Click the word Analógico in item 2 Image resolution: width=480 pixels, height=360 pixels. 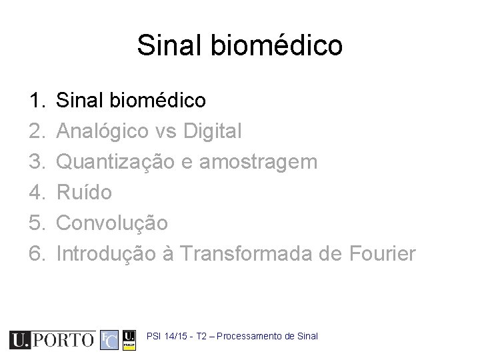103,132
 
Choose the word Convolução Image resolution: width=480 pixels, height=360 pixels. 112,223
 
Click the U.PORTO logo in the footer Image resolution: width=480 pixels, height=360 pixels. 52,340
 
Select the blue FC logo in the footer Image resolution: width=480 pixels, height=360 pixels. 109,340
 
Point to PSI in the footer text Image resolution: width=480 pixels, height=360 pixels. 154,336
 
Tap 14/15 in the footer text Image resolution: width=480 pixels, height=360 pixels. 175,336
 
